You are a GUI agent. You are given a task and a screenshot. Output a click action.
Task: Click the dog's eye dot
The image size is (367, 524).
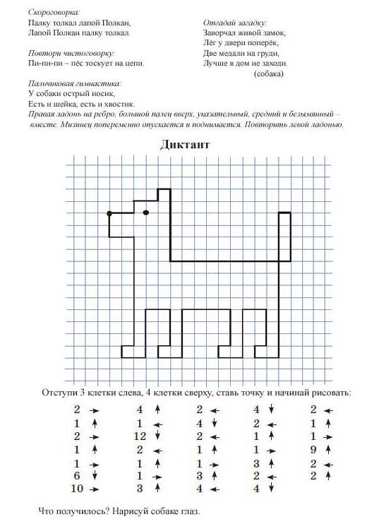click(x=145, y=212)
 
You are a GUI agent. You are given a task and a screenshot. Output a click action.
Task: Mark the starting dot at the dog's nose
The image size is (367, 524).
click(x=109, y=213)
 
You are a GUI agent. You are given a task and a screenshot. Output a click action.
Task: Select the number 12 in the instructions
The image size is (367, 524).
click(x=139, y=436)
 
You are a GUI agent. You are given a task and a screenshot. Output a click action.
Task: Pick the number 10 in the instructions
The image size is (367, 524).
click(x=78, y=489)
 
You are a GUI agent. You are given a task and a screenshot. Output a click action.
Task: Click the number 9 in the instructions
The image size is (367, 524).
click(x=313, y=449)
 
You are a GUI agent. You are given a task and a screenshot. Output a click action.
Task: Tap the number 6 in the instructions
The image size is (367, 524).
click(x=77, y=476)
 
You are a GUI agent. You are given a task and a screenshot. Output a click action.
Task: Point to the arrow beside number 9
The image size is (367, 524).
click(x=330, y=449)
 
